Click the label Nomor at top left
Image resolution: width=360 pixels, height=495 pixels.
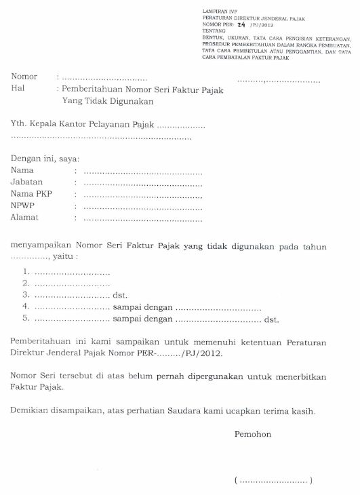tap(24, 77)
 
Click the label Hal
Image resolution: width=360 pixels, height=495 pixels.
tap(18, 88)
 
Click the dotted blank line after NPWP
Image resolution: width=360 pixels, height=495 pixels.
tap(141, 206)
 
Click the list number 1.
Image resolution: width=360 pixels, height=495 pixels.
tap(25, 271)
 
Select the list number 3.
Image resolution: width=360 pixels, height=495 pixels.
tap(25, 295)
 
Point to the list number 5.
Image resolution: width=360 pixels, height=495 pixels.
tap(25, 317)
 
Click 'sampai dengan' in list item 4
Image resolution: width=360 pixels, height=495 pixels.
tap(142, 306)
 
